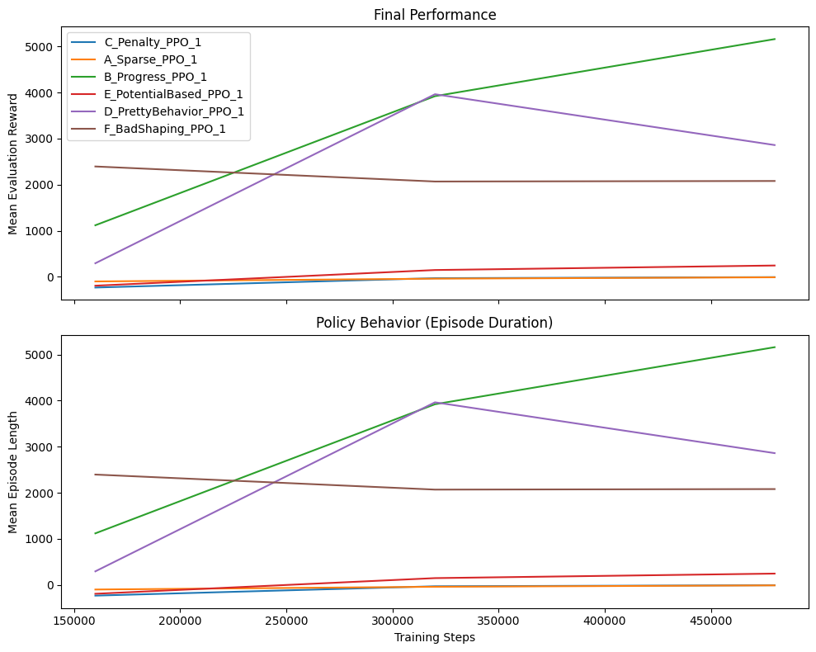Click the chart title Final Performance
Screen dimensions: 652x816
[435, 15]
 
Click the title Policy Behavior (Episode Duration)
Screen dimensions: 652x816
[435, 323]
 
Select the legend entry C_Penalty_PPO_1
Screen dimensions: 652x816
[153, 42]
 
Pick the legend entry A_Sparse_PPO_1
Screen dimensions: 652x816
[151, 59]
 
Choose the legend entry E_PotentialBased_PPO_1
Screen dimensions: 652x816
[173, 94]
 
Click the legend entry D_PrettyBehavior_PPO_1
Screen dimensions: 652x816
[174, 111]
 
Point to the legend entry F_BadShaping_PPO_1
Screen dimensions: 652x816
[165, 129]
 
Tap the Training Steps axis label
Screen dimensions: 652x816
[435, 637]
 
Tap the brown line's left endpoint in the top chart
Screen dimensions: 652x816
[96, 167]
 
